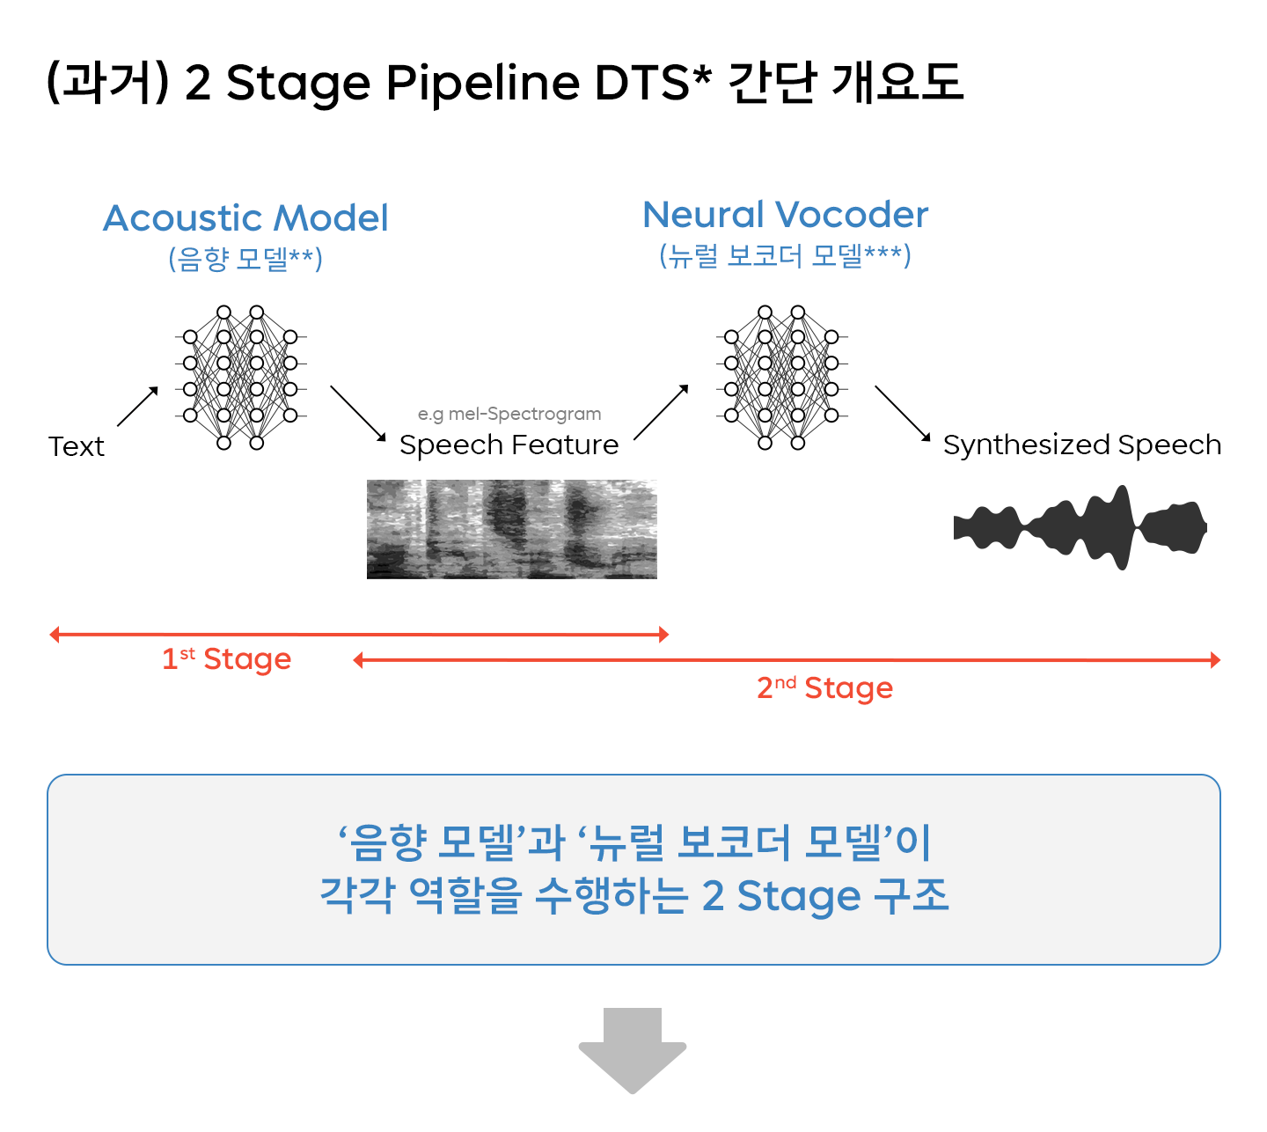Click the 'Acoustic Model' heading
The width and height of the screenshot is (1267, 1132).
[x=245, y=218]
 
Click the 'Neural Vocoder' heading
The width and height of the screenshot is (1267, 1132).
[x=785, y=215]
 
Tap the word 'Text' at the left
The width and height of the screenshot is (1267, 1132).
[x=77, y=446]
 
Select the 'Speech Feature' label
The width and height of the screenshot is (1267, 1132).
[x=509, y=445]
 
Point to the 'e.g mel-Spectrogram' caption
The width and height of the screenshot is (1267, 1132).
[x=509, y=414]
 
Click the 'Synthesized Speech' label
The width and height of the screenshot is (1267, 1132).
[x=1081, y=445]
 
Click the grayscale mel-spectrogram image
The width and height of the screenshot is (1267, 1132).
[x=511, y=529]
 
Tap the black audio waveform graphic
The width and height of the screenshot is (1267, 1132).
[x=1080, y=527]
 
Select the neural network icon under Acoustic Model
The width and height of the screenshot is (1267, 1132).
[x=240, y=377]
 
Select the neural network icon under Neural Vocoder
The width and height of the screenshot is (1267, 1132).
[x=781, y=377]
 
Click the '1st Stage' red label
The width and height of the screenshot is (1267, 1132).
[x=226, y=658]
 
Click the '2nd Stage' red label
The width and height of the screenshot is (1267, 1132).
[x=824, y=687]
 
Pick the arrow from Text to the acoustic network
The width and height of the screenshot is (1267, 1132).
[x=137, y=407]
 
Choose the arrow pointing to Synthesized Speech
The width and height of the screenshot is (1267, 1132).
[x=902, y=413]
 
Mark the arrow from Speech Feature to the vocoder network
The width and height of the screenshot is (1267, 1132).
[x=661, y=412]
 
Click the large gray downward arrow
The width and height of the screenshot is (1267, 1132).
[x=632, y=1049]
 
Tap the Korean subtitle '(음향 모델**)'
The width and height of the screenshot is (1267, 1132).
[x=245, y=259]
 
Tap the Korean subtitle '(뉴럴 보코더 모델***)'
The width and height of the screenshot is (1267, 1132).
[x=785, y=255]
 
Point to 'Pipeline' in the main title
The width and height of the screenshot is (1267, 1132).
[x=483, y=83]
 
